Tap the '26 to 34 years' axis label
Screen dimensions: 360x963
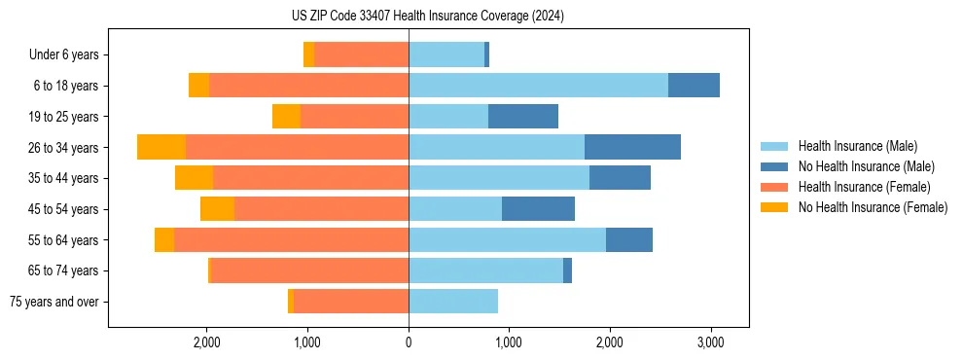(x=65, y=148)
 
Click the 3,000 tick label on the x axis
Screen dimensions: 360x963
(x=710, y=342)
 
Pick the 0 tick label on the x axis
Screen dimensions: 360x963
(x=409, y=342)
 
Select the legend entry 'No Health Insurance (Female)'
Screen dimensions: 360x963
(x=873, y=207)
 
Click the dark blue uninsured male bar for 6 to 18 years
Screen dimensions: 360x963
(x=694, y=86)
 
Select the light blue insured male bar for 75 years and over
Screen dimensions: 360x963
(x=453, y=302)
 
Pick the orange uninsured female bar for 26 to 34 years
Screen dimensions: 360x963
(x=161, y=147)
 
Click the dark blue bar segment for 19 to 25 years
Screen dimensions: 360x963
(x=523, y=117)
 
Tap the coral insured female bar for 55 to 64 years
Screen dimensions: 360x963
(x=291, y=240)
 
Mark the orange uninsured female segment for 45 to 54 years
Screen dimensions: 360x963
(x=217, y=209)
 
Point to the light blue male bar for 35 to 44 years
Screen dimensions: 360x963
(x=499, y=178)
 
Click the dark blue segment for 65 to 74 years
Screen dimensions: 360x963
(x=567, y=270)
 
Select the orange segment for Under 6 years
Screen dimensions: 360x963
(x=309, y=55)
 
